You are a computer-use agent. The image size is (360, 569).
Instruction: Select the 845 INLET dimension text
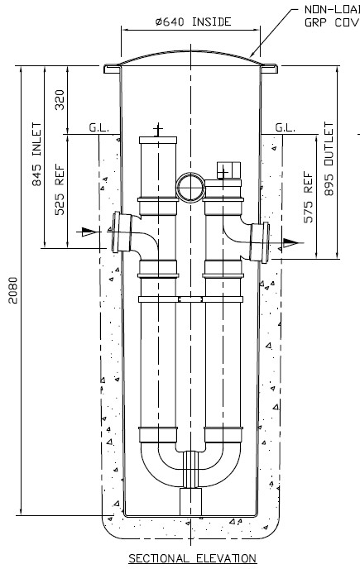pos(36,166)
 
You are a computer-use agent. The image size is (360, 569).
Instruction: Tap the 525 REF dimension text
pos(59,192)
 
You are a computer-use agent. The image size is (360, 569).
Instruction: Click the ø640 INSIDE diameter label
pos(190,22)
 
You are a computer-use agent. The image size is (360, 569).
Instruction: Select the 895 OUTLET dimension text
pos(329,162)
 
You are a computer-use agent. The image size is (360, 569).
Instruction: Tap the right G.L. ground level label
pos(285,128)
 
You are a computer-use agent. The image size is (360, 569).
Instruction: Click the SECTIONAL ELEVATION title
pos(192,558)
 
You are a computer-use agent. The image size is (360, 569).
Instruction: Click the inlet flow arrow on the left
pos(87,232)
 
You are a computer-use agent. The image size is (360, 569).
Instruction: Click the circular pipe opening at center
pos(190,186)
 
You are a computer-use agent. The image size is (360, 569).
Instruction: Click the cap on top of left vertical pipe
pos(158,138)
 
